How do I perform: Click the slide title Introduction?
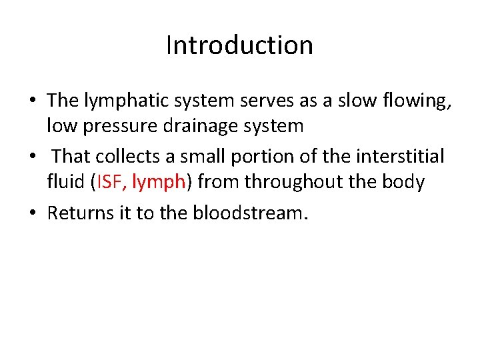(239, 45)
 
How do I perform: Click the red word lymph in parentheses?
(157, 181)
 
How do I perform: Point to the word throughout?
(300, 181)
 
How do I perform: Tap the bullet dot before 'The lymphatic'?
(32, 101)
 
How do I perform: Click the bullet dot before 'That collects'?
(32, 157)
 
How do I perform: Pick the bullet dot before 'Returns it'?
(32, 213)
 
